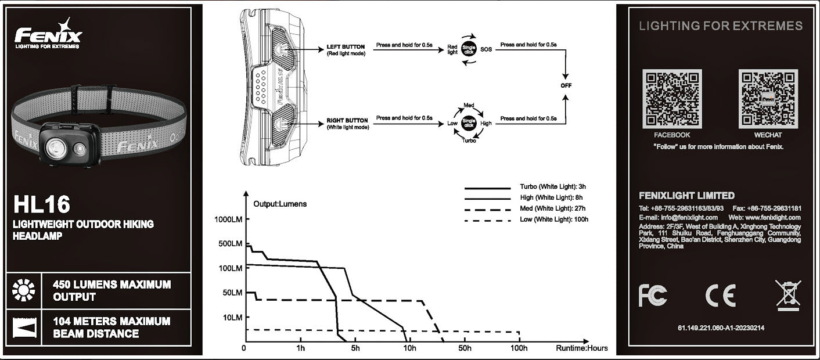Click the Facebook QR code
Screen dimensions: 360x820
[671, 99]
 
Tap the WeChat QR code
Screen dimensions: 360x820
[768, 99]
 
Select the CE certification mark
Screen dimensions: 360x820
[720, 296]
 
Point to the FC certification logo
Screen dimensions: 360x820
[653, 296]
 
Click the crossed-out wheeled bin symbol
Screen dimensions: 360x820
[788, 295]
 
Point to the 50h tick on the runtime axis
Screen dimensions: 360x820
[464, 348]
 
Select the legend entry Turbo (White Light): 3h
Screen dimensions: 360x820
[552, 187]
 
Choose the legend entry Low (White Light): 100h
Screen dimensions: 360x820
[554, 219]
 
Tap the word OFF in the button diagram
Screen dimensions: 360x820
[566, 85]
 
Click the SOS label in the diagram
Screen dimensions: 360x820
[486, 49]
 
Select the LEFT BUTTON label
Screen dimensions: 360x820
[346, 46]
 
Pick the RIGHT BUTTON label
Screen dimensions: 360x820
[347, 121]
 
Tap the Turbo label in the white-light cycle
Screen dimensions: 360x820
[469, 141]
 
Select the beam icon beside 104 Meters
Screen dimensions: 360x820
[24, 327]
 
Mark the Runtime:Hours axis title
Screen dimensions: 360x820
[582, 348]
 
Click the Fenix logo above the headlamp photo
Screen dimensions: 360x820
[48, 36]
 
